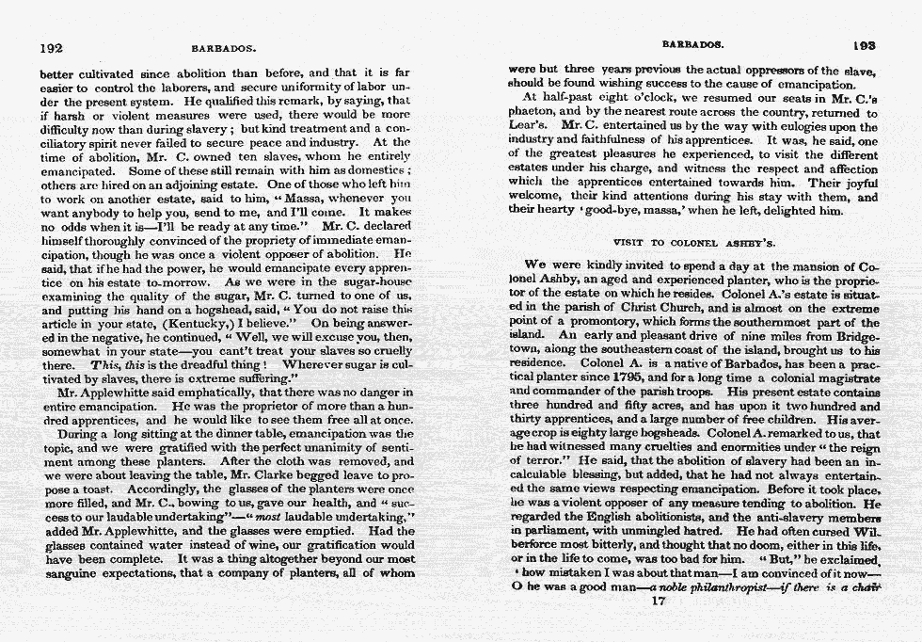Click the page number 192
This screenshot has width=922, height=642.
[x=50, y=46]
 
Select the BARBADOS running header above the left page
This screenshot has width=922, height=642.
[x=224, y=47]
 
